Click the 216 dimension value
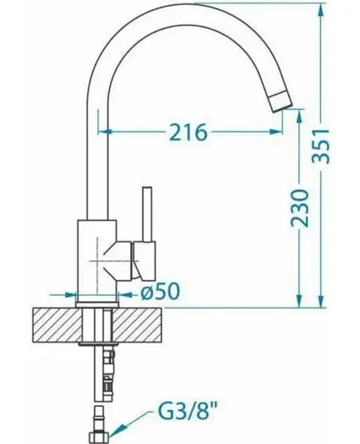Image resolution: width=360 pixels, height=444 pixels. tap(188, 132)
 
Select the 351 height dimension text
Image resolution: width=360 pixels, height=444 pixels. tap(321, 146)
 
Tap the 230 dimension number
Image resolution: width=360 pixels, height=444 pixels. tap(300, 208)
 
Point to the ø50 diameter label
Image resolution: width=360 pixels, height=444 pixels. tap(161, 291)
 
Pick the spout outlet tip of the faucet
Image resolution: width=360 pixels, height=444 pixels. tap(281, 101)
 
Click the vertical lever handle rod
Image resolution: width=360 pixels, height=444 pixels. tap(147, 214)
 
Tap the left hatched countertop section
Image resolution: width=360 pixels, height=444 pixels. tap(57, 325)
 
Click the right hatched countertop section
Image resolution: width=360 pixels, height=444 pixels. tap(137, 325)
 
